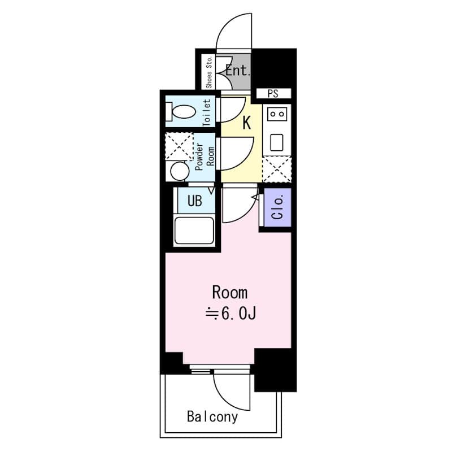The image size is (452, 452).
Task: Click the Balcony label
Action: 212,418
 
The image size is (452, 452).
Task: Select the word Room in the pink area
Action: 229,293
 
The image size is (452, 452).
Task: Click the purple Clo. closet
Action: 277,208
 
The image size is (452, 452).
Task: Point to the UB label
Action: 194,202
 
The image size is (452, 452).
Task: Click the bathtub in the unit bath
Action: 194,231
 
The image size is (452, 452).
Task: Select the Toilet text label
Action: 207,112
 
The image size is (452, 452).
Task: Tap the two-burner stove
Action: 277,114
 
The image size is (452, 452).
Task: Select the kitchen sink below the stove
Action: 276,141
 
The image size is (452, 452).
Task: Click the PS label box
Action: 273,94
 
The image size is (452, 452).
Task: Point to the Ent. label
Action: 237,71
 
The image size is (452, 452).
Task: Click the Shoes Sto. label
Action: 209,72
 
